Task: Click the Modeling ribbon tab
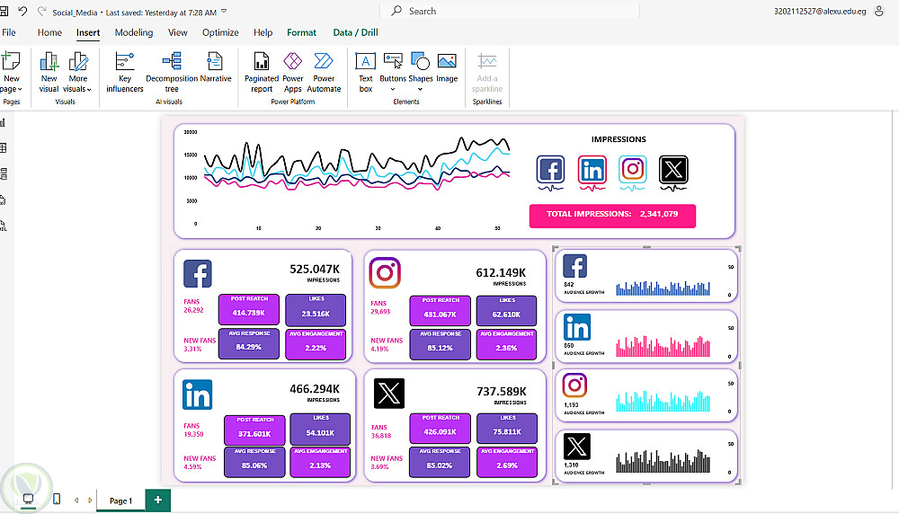coord(134,32)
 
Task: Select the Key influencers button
coord(125,72)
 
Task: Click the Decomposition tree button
coord(172,72)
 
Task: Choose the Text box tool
coord(366,72)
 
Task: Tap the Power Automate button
coord(324,72)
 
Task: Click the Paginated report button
coord(262,72)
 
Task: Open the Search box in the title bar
coord(512,12)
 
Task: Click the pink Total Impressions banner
coord(612,215)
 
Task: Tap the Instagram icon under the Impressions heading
coord(633,169)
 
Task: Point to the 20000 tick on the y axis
coord(190,132)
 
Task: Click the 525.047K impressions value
coord(314,269)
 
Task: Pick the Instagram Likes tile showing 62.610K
coord(507,311)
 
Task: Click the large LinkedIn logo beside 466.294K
coord(198,394)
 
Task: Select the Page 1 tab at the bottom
coord(120,501)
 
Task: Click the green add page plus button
coord(158,500)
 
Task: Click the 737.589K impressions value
coord(502,391)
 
